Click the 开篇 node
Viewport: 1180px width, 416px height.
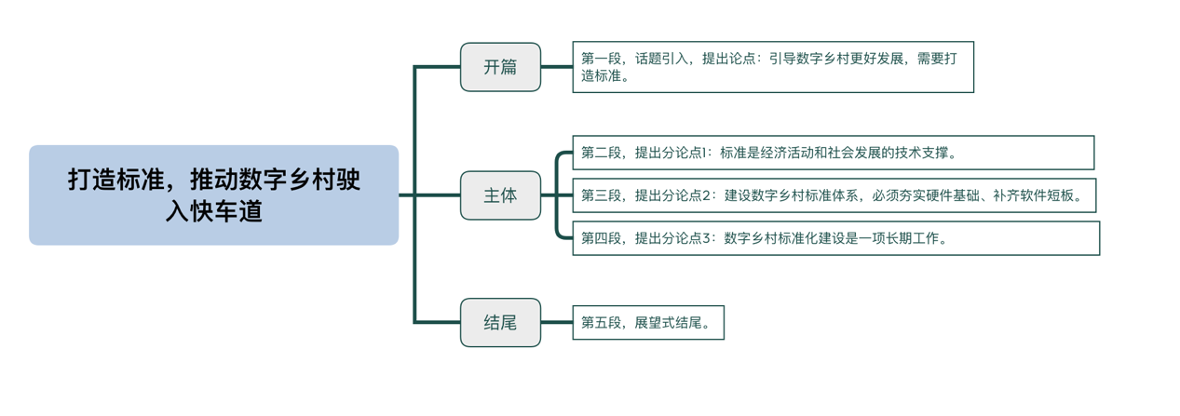click(x=500, y=67)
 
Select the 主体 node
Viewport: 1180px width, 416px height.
click(x=500, y=195)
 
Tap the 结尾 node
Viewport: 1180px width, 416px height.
click(x=500, y=323)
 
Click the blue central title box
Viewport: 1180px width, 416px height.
click(x=213, y=195)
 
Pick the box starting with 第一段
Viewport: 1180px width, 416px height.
click(x=772, y=67)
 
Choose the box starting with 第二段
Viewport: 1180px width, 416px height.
click(x=833, y=153)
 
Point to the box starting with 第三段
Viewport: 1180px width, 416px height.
click(x=833, y=195)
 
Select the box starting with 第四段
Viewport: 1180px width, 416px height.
click(x=835, y=238)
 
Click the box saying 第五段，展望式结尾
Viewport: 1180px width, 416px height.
click(x=647, y=323)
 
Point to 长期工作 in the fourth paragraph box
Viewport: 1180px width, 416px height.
click(x=914, y=238)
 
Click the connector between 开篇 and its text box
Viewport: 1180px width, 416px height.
click(x=556, y=67)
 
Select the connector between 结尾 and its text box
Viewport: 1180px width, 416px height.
click(x=556, y=323)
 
